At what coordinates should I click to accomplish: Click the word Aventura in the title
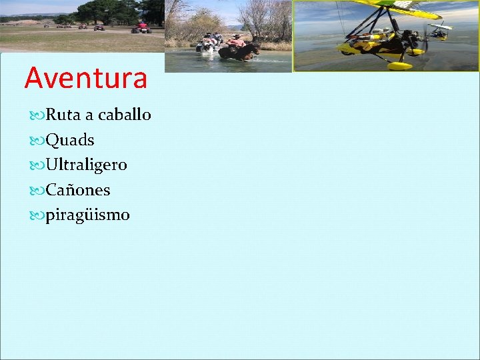[85, 78]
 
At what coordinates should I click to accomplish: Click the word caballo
[125, 115]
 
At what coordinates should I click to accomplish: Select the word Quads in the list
[69, 140]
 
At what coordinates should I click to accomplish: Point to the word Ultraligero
[86, 165]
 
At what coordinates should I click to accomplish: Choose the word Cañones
[77, 190]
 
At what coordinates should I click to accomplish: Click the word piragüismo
[87, 215]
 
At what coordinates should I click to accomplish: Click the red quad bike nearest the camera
[141, 28]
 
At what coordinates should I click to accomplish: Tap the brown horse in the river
[240, 51]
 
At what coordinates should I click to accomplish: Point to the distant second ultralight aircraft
[439, 30]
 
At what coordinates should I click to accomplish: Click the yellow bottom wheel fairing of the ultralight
[399, 65]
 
